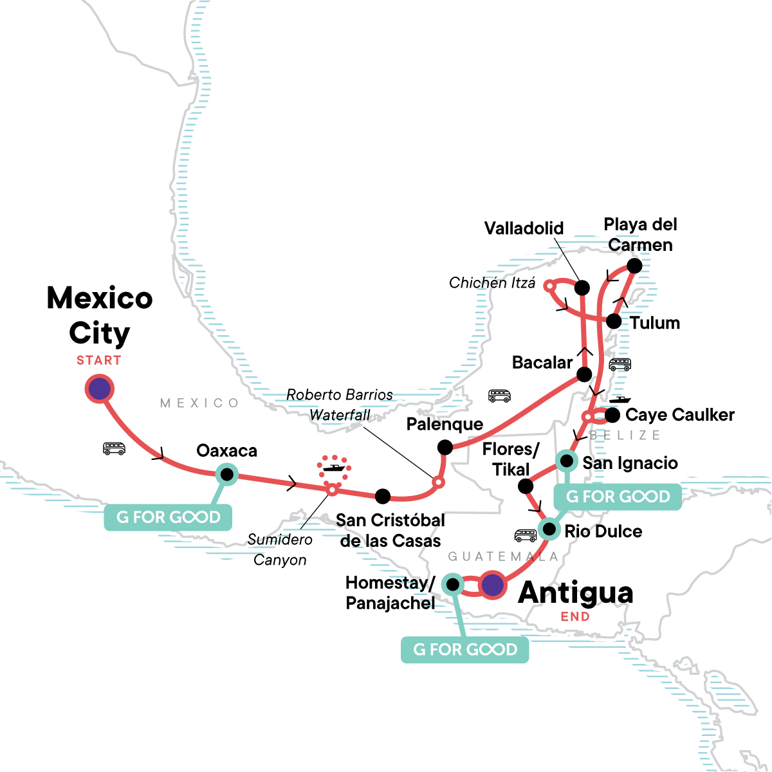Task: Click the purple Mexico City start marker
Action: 100,389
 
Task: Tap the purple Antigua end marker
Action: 492,585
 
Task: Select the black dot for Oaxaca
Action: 226,475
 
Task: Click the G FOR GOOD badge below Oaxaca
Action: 168,517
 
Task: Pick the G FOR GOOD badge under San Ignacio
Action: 618,497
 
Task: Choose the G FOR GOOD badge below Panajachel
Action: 464,650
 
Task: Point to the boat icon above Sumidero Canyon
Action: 333,466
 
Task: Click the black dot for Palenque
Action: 445,447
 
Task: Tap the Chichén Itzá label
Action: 492,283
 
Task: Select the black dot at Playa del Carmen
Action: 634,266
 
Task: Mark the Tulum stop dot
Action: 614,321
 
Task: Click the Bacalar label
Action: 542,363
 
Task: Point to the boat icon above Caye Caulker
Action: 620,400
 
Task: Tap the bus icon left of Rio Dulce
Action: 526,535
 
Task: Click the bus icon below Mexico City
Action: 115,448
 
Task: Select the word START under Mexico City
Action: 99,360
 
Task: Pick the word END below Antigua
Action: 574,617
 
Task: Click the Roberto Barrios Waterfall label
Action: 340,405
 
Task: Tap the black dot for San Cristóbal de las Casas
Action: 383,496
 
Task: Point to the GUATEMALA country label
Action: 503,556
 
